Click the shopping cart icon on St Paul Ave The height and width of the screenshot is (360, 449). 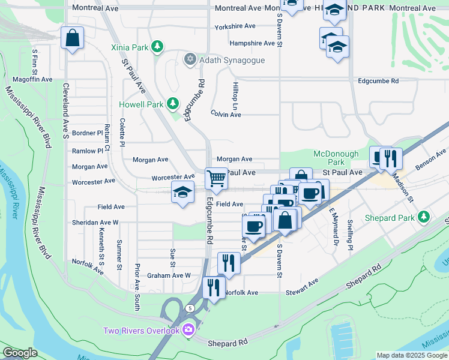216,178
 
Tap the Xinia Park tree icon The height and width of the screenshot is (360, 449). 157,46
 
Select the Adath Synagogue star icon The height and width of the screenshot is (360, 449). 190,60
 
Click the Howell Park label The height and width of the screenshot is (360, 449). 142,104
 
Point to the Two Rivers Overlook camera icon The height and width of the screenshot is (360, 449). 188,330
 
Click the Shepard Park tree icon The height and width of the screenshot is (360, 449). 424,215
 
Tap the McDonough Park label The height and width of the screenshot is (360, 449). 336,158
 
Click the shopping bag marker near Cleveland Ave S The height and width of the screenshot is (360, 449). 73,39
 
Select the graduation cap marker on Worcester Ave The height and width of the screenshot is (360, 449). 182,192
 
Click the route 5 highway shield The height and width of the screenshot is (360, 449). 190,308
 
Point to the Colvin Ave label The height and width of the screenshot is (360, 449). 226,114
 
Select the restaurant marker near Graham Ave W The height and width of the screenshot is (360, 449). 229,262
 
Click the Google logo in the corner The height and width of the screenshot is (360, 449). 20,353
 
